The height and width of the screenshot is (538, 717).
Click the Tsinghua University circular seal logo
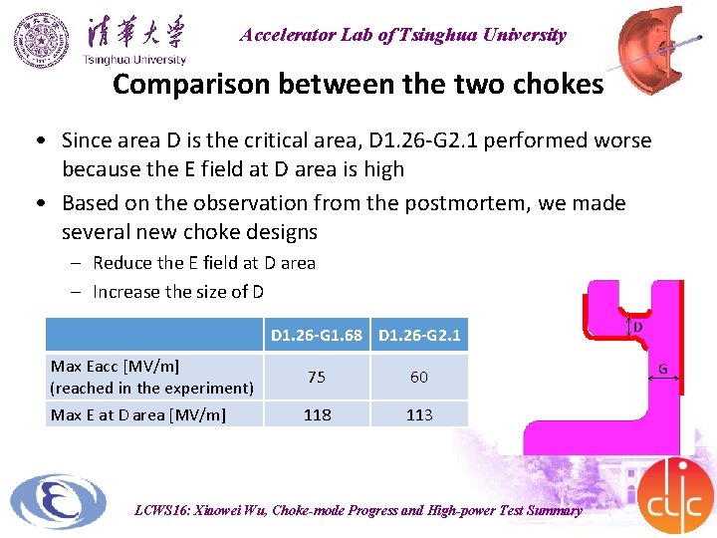coord(42,39)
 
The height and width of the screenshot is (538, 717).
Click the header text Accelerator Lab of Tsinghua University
coord(402,35)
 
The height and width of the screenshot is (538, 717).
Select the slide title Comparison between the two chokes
coord(358,84)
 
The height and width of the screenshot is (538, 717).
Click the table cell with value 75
coord(317,377)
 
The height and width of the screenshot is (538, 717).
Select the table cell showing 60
coord(419,377)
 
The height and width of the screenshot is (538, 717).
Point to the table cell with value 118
coord(317,414)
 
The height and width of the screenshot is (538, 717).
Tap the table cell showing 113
coord(419,414)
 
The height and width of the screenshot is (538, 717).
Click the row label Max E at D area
coord(137,414)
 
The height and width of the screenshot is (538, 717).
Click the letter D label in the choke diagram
coord(637,326)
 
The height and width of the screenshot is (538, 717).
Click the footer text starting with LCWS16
coord(358,510)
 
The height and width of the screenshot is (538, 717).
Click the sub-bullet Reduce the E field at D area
coord(203,263)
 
